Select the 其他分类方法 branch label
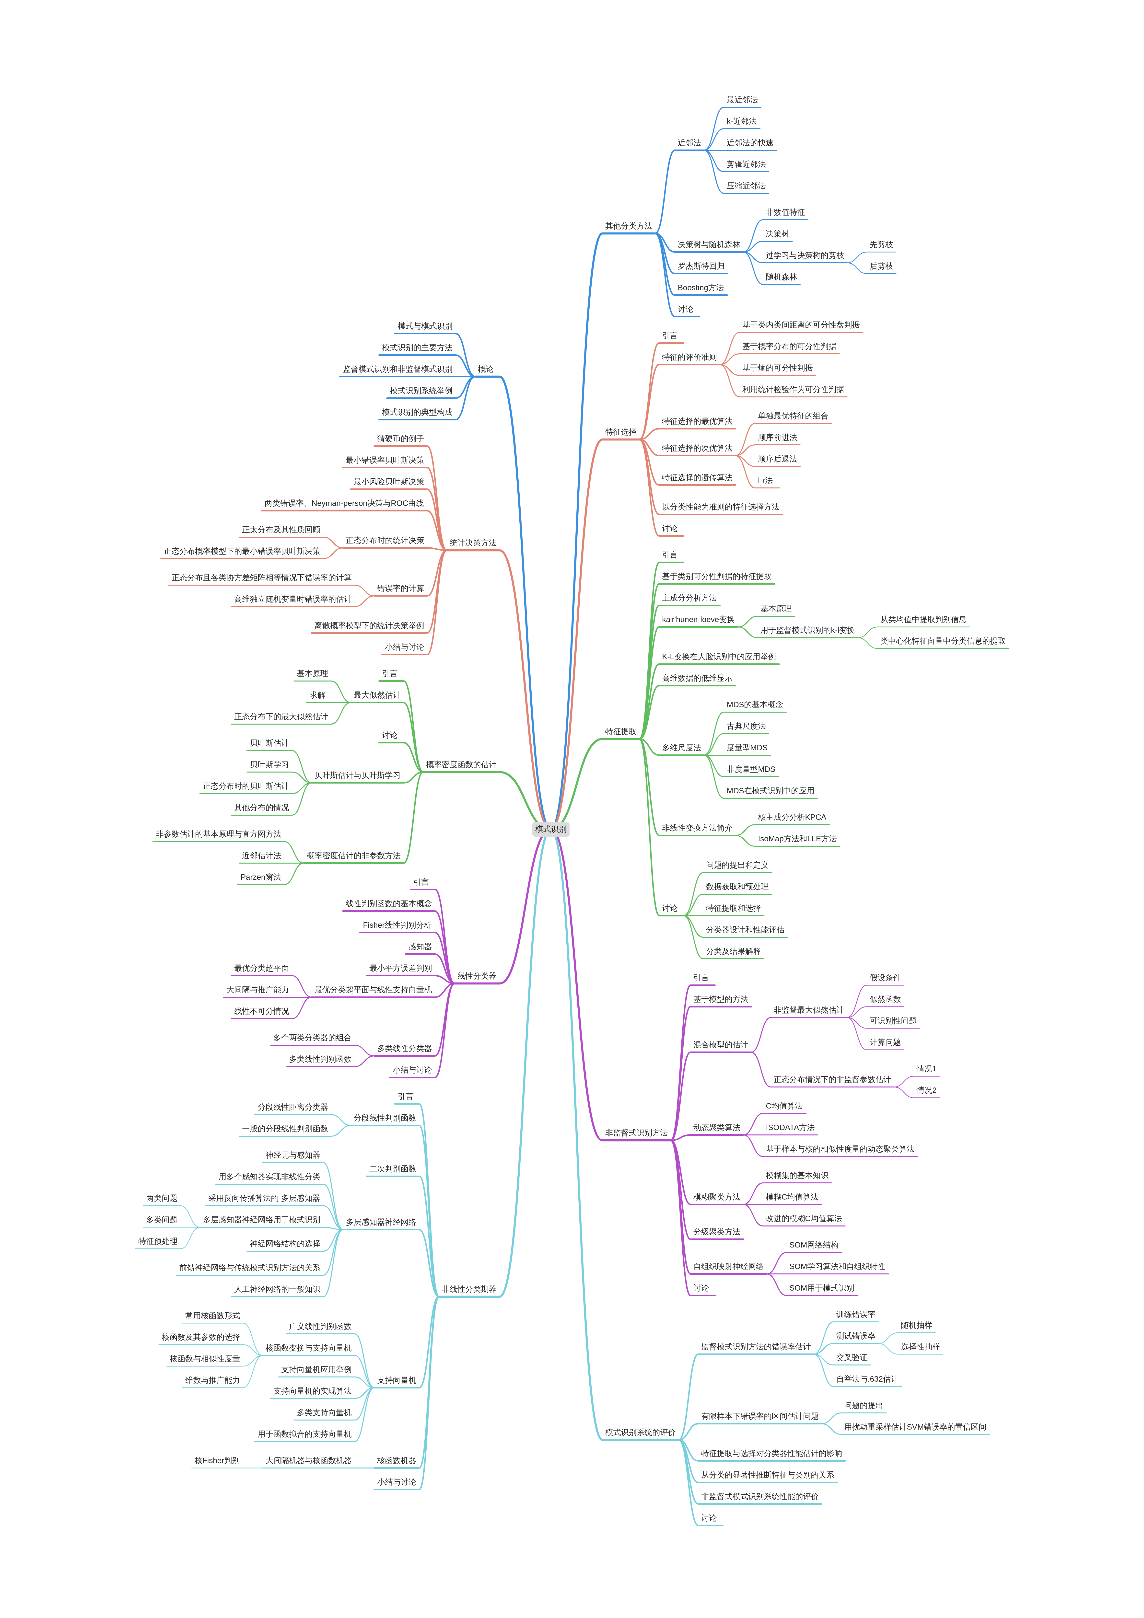click(x=628, y=226)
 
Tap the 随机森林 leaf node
click(x=781, y=277)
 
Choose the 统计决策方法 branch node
click(x=472, y=543)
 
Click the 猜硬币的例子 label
click(x=400, y=438)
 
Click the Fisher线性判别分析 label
click(x=397, y=925)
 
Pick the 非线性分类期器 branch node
click(x=469, y=1289)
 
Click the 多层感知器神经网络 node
click(x=381, y=1222)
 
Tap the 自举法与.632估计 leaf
click(x=867, y=1379)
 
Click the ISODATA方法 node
click(x=789, y=1128)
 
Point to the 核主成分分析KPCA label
click(x=792, y=818)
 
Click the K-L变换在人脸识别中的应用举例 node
click(x=718, y=657)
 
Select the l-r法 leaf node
click(x=765, y=481)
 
